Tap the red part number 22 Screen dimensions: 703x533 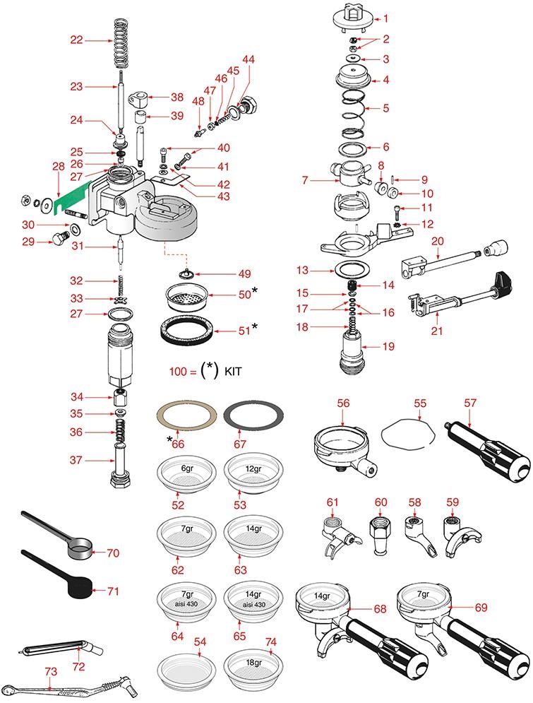pyautogui.click(x=76, y=41)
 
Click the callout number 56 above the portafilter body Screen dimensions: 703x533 pyautogui.click(x=343, y=403)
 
